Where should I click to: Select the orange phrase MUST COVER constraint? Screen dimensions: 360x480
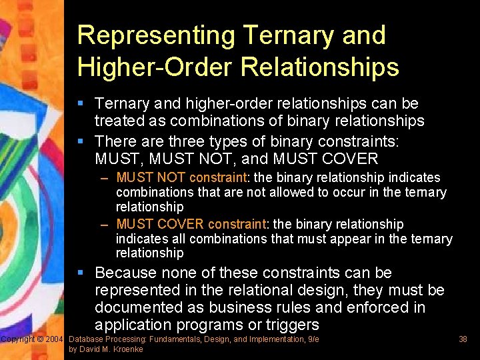coord(190,224)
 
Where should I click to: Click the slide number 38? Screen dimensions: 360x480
coord(463,339)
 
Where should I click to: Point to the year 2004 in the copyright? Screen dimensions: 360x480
coord(54,340)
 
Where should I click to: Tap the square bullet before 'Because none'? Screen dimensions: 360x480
coord(80,273)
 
